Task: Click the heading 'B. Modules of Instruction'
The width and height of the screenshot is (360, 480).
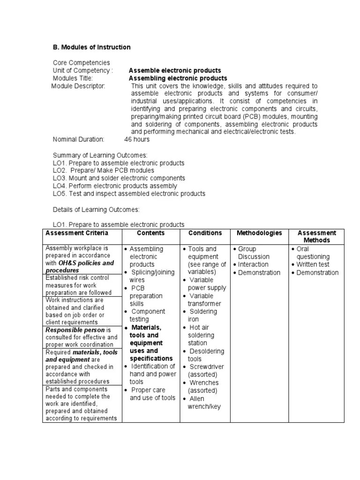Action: click(91, 47)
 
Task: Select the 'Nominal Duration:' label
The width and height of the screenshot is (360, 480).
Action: click(78, 139)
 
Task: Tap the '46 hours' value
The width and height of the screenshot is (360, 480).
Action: click(137, 139)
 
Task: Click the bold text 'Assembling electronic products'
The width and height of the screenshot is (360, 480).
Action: click(178, 78)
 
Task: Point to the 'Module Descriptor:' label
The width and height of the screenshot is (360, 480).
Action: click(78, 86)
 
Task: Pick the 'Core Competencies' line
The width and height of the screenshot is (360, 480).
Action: click(81, 63)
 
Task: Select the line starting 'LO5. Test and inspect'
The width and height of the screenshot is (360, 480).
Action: click(129, 194)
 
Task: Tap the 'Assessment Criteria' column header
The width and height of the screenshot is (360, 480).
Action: click(76, 233)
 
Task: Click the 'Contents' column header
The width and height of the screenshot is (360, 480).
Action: click(151, 233)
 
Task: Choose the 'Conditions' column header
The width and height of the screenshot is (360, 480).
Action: click(205, 233)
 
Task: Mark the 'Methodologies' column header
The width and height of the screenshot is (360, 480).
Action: click(259, 233)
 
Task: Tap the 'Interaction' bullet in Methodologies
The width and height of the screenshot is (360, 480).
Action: click(253, 264)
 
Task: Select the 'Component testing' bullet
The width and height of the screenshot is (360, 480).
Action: click(148, 315)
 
